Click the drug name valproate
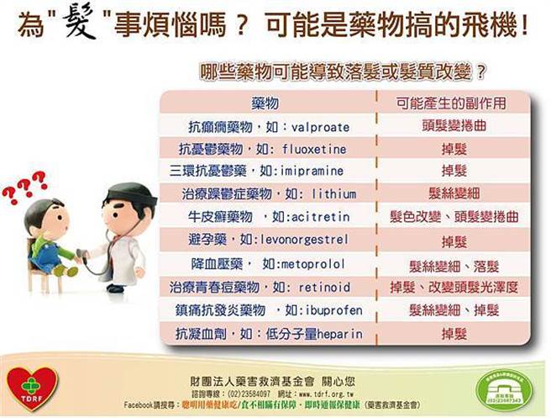(321, 127)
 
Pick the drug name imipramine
(315, 172)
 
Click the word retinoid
(323, 288)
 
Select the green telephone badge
(504, 388)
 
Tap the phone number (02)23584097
(244, 393)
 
